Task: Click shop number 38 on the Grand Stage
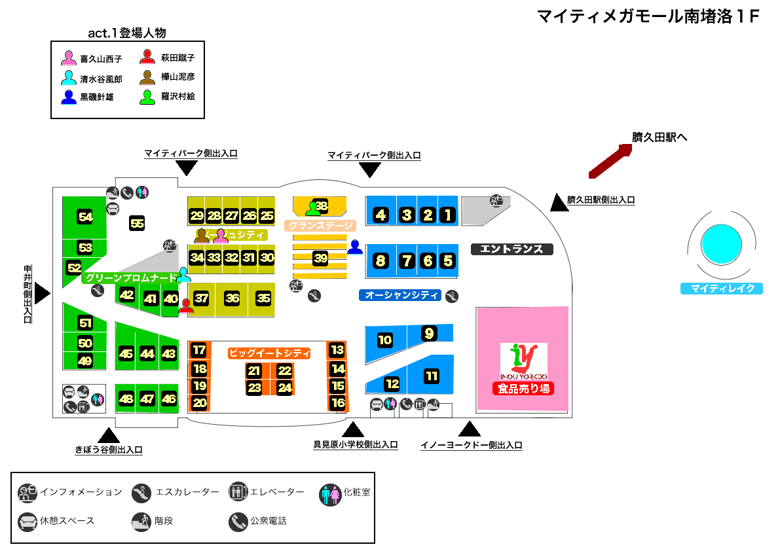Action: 322,207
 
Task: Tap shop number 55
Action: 137,223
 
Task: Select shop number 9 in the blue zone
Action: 429,334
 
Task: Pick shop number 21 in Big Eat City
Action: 254,371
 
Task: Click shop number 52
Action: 74,267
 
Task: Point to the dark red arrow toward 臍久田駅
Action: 610,161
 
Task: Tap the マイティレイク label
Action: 722,289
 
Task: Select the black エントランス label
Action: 512,249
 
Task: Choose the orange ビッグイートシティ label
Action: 269,353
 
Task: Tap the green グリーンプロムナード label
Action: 130,278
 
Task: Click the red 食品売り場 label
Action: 523,389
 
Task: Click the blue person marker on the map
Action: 355,247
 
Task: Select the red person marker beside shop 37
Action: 187,306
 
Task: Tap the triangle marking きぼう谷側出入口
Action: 108,435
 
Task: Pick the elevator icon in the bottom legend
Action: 238,492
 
